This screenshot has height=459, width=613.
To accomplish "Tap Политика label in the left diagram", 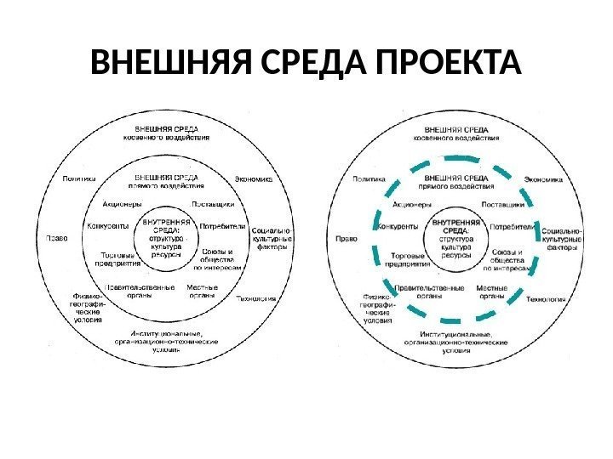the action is pyautogui.click(x=79, y=179).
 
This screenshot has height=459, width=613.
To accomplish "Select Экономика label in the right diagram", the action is pyautogui.click(x=543, y=179).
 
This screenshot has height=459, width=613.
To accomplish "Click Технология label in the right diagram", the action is pyautogui.click(x=546, y=299).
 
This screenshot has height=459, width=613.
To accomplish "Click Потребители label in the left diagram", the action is pyautogui.click(x=222, y=227).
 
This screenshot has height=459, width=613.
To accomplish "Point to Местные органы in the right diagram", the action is pyautogui.click(x=492, y=292).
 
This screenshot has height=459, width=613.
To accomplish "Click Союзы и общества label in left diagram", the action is pyautogui.click(x=224, y=259).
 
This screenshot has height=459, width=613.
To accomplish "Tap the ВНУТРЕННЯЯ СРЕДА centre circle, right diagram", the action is pyautogui.click(x=455, y=239).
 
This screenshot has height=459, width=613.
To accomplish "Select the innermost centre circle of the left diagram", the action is pyautogui.click(x=166, y=239).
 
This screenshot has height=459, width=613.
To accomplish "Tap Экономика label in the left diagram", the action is pyautogui.click(x=253, y=179).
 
